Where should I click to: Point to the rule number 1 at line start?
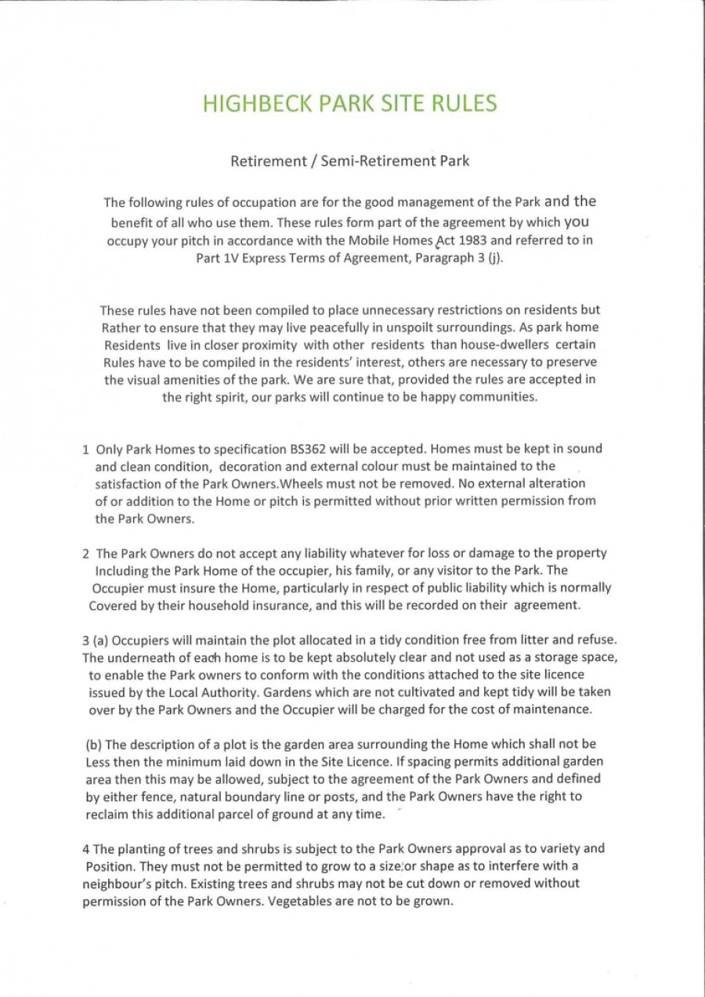coord(85,450)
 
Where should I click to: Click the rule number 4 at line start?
coord(85,848)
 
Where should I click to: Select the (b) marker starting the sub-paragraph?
coord(93,744)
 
